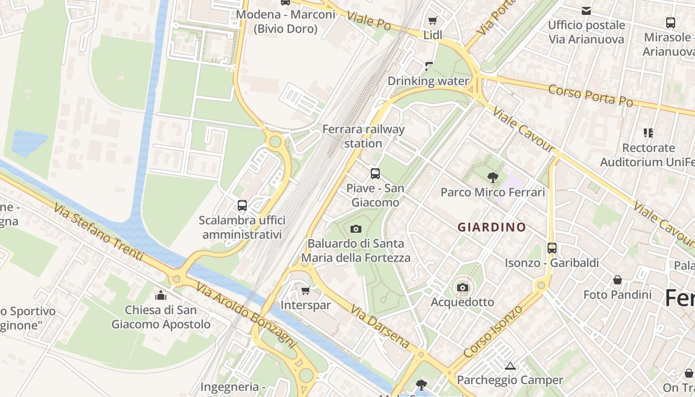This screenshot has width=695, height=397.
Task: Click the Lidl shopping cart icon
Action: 432,20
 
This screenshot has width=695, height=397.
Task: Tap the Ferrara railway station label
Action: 363,136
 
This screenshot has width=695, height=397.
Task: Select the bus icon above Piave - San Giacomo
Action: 375,174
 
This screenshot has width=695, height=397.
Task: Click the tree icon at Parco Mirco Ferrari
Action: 492,177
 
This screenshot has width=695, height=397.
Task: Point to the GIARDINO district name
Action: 491,227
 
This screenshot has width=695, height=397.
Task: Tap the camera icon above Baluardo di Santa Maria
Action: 356,229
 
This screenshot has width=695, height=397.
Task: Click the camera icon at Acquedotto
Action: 462,287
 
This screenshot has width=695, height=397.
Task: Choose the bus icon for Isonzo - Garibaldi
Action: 552,248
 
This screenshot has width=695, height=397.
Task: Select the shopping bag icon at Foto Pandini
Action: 617,280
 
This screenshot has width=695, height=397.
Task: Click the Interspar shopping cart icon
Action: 306,290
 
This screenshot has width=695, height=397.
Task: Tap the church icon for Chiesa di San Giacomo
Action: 161,295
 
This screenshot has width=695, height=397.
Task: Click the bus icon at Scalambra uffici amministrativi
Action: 242,205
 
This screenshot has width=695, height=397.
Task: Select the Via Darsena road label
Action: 380,327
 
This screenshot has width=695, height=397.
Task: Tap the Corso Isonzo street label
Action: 493,331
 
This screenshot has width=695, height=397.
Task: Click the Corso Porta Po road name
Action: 591,95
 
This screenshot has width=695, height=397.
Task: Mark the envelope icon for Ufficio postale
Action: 586,10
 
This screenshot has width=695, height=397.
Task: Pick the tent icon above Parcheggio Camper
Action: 510,366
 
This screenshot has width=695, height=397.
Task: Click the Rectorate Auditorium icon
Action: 648,132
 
